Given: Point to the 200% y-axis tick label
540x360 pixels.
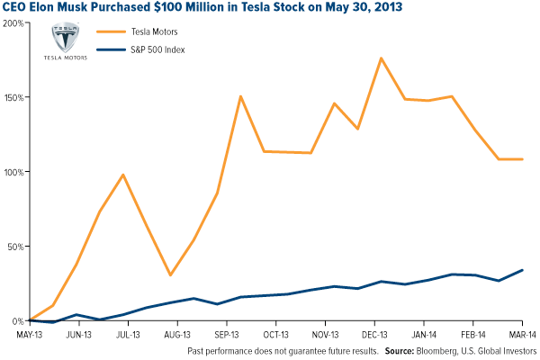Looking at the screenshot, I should tap(14, 22).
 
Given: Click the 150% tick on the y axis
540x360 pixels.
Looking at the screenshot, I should tap(14, 97).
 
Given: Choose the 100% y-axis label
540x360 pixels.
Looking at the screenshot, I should tap(14, 172).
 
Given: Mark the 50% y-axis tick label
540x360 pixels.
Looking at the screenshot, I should tap(17, 247).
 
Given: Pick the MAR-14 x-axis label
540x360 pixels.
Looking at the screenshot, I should tap(522, 333).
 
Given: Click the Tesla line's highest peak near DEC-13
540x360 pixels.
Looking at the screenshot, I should tap(382, 58).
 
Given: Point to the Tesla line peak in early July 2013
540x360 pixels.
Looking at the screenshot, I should tap(122, 175).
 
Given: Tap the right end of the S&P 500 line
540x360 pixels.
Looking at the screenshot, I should tap(523, 270).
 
